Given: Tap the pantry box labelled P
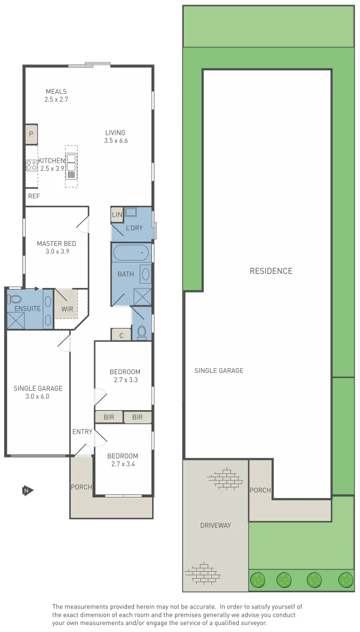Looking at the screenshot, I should coord(31,134).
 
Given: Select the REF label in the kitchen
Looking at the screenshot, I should coord(34,196).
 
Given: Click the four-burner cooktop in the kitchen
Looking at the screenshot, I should coord(32,165).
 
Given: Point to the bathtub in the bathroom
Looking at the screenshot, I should coord(131,253).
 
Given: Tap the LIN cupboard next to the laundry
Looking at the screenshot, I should coord(117,215).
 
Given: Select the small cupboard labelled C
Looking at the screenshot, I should coord(121,335).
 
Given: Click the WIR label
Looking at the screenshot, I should coord(67,308).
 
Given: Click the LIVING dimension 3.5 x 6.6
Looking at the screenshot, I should coord(115,141).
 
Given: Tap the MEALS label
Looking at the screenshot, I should coord(56,91).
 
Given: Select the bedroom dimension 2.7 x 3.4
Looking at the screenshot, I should coord(123,465).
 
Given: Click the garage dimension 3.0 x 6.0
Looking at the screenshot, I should coord(38,396).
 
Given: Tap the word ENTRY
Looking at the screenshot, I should coord(82,432).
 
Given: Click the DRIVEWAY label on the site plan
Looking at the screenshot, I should coord(215,525).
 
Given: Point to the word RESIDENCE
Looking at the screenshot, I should coord(270,271).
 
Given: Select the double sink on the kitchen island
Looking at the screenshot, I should coord(71,160).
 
